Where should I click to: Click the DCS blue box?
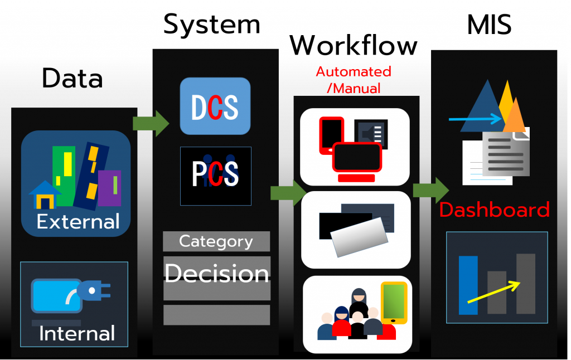(215, 106)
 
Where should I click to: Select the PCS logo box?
(215, 176)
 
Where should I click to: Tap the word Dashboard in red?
(494, 210)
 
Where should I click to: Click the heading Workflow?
(354, 45)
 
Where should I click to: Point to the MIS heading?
(489, 25)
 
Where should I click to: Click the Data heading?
(72, 79)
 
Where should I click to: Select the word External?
(78, 222)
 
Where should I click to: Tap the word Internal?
(77, 334)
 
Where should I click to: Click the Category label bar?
(216, 242)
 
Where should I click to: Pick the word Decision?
(216, 273)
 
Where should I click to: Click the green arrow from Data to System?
(151, 123)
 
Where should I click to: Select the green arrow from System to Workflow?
(288, 193)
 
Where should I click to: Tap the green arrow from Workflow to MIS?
(430, 189)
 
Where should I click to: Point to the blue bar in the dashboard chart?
(468, 285)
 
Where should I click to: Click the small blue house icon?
(45, 195)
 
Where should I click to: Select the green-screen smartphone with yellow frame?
(394, 302)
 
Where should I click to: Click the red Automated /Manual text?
(354, 80)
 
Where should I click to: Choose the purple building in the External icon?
(110, 187)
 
